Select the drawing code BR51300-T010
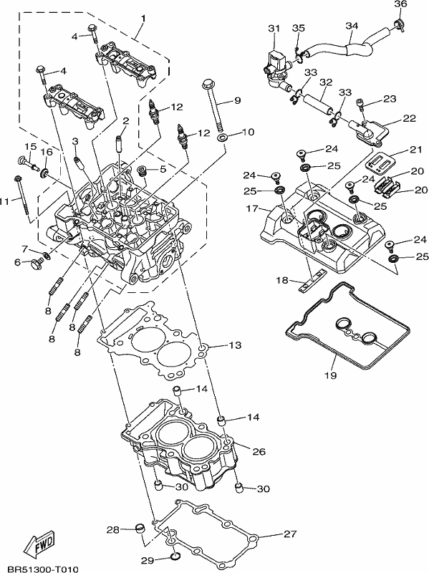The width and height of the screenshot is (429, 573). pos(43,569)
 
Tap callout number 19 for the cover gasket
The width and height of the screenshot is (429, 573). pos(331,375)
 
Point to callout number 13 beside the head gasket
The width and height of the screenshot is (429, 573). pos(236,345)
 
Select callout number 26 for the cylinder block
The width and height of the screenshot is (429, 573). pos(259,451)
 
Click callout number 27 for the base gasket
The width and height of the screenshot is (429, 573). pos(290,534)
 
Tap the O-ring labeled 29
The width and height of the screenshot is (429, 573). pos(175,557)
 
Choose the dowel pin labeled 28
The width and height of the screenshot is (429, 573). pos(140,528)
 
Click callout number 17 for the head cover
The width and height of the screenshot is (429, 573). pos(252,208)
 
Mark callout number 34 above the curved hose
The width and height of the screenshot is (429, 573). pos(352,26)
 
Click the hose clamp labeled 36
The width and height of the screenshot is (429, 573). pos(398,26)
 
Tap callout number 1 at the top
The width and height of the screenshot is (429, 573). pos(143,17)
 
